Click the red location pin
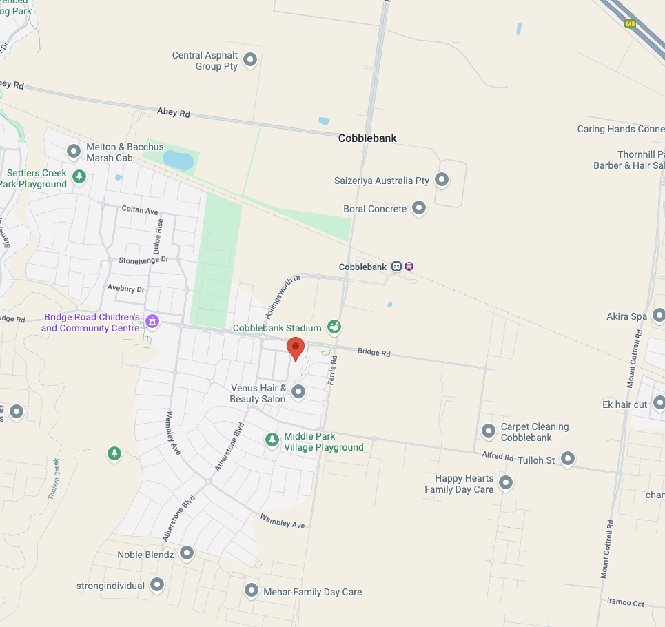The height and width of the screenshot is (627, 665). [x=295, y=349]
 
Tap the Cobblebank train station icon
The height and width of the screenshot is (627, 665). [x=397, y=267]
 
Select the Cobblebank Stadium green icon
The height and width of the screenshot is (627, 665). [x=334, y=327]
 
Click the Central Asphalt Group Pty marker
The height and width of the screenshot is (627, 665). [x=250, y=60]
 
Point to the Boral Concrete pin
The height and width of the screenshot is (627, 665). [x=419, y=208]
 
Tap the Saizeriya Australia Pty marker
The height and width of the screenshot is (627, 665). [x=442, y=181]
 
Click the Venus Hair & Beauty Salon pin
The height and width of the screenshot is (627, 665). [x=298, y=392]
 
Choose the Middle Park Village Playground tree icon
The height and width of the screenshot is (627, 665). [x=272, y=439]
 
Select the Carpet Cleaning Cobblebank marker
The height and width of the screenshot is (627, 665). [x=489, y=431]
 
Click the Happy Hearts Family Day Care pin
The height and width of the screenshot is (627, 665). [x=506, y=482]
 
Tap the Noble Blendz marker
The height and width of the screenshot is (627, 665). [x=187, y=553]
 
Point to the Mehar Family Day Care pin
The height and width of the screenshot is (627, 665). [x=252, y=590]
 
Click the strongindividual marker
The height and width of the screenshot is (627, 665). [x=157, y=585]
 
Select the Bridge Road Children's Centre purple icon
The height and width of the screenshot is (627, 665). [x=152, y=321]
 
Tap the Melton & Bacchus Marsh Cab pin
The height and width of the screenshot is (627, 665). [x=74, y=151]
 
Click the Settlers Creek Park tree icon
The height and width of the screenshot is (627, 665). [x=79, y=176]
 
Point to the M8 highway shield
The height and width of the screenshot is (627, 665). [x=630, y=24]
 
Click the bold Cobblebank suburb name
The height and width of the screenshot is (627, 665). [x=367, y=138]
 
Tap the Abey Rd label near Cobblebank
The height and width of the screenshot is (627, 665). [x=173, y=112]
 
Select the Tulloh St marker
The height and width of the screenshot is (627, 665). [x=567, y=458]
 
